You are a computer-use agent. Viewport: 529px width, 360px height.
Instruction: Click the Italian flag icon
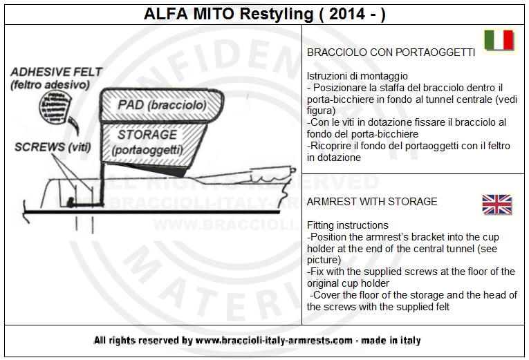tap(498, 41)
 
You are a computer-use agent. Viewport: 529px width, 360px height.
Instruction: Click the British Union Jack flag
tap(497, 205)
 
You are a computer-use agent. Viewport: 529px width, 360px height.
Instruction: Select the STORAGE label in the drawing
tap(147, 134)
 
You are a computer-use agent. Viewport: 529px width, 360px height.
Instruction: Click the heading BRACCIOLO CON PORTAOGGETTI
tap(391, 53)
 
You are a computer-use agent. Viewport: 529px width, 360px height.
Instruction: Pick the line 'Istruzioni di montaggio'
tap(357, 76)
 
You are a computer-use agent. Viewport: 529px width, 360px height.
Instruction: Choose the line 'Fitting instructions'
tap(347, 225)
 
